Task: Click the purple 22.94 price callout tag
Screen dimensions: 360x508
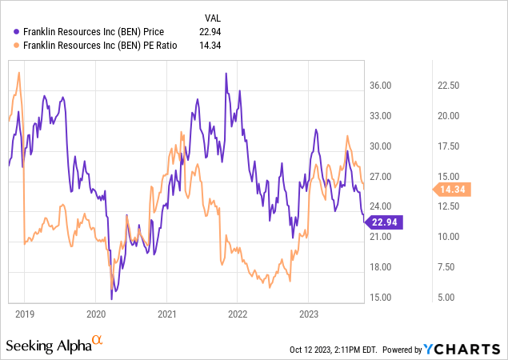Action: point(386,222)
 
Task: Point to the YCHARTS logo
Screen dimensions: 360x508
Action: point(466,350)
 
